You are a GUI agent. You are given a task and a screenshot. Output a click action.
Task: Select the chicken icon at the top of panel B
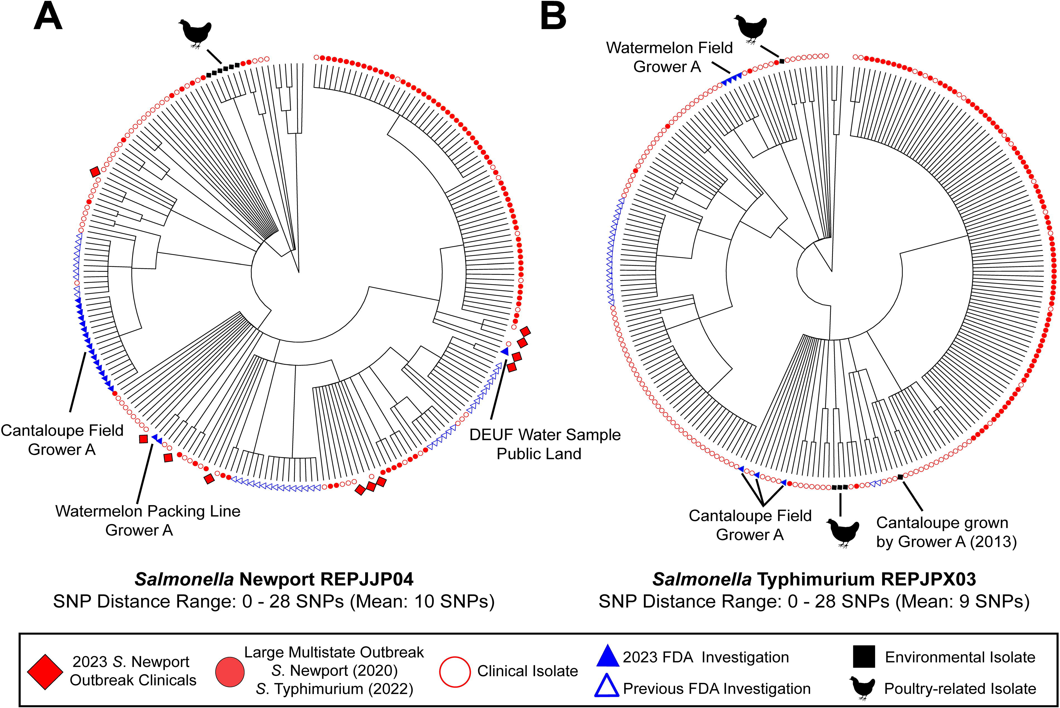(750, 29)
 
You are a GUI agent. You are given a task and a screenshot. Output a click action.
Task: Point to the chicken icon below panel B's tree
(843, 533)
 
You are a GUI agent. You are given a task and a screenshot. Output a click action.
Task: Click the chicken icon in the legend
(863, 688)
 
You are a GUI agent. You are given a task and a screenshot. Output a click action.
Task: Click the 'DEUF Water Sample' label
(545, 434)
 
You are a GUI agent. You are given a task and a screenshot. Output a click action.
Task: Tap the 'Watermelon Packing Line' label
(148, 511)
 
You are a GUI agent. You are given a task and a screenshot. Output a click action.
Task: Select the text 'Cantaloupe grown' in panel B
(942, 523)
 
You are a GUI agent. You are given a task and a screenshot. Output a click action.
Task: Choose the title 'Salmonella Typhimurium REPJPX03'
(814, 579)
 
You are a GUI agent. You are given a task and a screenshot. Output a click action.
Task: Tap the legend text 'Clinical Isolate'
(527, 671)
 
